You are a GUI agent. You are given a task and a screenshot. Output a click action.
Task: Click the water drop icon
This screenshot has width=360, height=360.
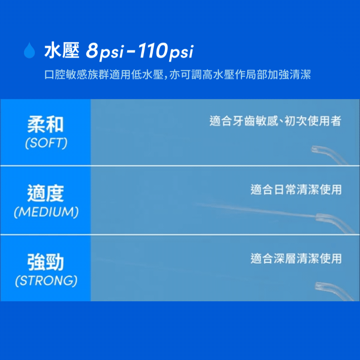pyautogui.click(x=29, y=50)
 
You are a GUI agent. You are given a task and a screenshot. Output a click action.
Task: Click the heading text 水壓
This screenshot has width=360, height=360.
pyautogui.click(x=62, y=50)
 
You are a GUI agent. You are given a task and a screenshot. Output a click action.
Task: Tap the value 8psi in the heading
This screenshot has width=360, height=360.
pyautogui.click(x=105, y=51)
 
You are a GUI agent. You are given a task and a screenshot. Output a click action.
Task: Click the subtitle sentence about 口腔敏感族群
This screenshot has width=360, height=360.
pyautogui.click(x=178, y=75)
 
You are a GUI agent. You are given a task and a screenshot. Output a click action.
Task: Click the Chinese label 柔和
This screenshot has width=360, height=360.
pyautogui.click(x=46, y=124)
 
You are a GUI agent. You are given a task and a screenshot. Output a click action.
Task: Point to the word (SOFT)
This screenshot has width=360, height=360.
pyautogui.click(x=46, y=143)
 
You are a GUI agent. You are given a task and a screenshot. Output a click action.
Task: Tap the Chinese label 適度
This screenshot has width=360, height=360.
pyautogui.click(x=46, y=193)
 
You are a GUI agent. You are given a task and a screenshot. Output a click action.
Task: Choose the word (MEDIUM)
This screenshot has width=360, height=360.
pyautogui.click(x=46, y=212)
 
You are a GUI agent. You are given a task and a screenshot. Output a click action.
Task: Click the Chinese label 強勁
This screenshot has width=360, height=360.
pyautogui.click(x=46, y=262)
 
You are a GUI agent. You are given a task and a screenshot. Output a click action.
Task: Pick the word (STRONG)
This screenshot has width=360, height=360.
pyautogui.click(x=46, y=280)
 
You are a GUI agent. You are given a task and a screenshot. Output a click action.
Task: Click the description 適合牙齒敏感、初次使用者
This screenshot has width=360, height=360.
pyautogui.click(x=275, y=121)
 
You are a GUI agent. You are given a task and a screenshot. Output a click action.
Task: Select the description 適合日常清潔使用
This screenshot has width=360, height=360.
pyautogui.click(x=296, y=190)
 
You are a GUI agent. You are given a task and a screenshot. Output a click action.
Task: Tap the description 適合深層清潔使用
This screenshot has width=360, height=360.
pyautogui.click(x=296, y=258)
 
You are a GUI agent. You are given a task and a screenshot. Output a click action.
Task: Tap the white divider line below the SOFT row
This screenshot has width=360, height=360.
pyautogui.click(x=180, y=165)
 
